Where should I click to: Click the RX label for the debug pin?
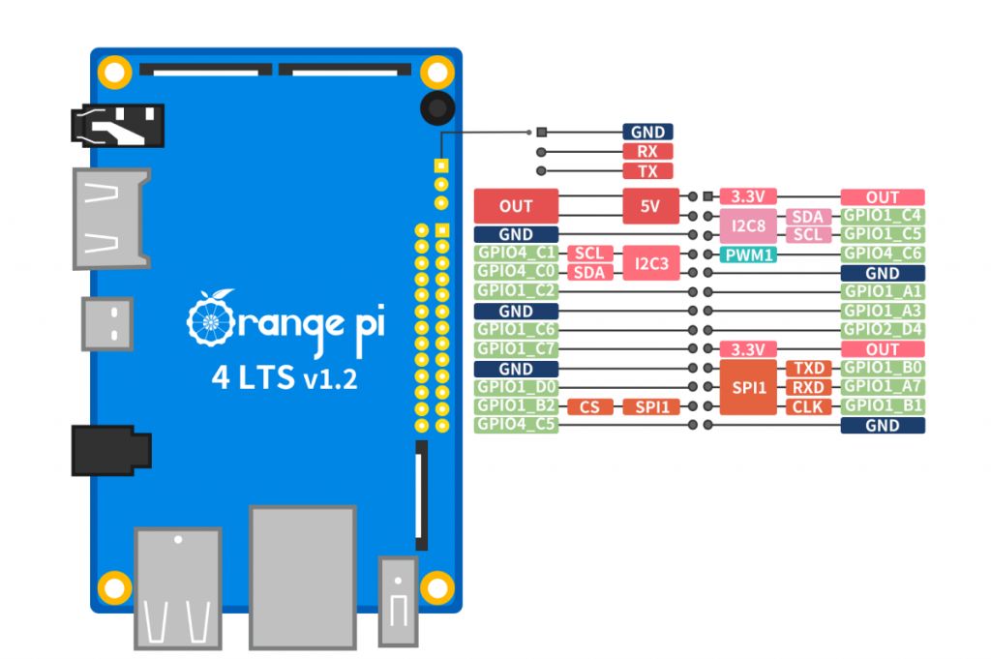click(647, 151)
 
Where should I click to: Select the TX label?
click(647, 170)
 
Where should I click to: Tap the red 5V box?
click(651, 206)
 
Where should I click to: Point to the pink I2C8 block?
click(749, 225)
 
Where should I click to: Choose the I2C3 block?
click(651, 262)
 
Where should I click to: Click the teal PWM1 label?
click(749, 255)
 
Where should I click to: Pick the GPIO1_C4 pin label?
click(883, 216)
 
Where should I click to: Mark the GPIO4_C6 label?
click(883, 255)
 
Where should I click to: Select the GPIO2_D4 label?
click(883, 330)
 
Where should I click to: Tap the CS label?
click(589, 406)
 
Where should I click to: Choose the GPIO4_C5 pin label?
click(516, 425)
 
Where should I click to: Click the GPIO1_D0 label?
click(516, 387)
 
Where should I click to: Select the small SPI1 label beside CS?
click(651, 406)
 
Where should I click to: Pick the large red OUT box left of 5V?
click(516, 206)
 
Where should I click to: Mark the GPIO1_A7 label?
click(883, 387)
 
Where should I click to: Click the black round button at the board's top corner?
click(437, 107)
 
